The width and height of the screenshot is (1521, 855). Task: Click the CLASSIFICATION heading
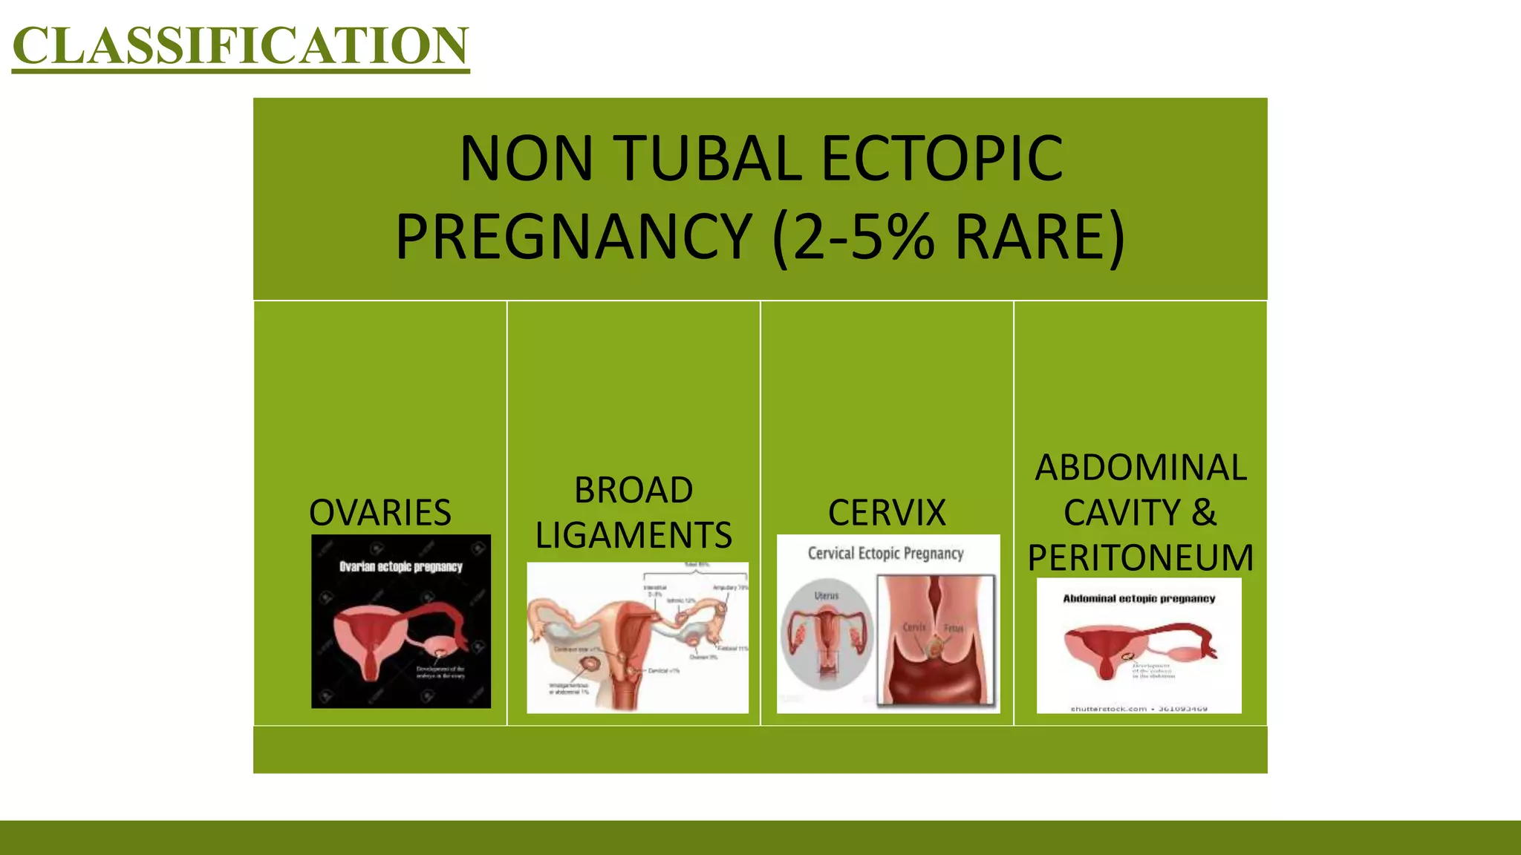pos(241,46)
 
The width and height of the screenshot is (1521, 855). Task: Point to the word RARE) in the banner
pos(1040,237)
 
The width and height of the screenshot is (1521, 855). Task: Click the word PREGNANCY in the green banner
pos(573,237)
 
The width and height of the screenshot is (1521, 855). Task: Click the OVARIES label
pos(380,512)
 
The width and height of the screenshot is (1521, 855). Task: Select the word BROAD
pos(634,490)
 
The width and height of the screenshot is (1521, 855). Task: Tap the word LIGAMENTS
pos(634,535)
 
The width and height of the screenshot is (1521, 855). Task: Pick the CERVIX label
pos(887,512)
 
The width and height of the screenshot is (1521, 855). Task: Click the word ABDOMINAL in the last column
pos(1141,468)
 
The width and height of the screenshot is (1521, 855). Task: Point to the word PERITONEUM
pos(1141,557)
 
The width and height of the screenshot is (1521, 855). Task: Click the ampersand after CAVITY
pos(1203,512)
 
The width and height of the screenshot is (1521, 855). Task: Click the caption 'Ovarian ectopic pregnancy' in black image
pos(401,567)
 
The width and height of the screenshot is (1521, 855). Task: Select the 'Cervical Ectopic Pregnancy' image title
pos(885,554)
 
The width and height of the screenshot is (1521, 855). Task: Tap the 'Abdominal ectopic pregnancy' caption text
pos(1139,598)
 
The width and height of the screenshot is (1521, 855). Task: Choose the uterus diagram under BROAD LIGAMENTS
pos(637,638)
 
